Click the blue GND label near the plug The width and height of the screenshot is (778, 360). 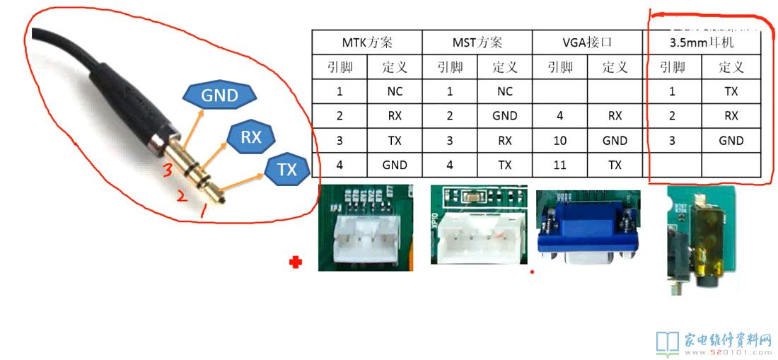(x=219, y=95)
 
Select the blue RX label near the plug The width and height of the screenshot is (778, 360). (x=251, y=137)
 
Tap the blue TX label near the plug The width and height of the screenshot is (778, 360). (x=287, y=169)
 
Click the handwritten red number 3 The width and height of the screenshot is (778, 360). (x=166, y=170)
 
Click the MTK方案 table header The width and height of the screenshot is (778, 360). (x=366, y=42)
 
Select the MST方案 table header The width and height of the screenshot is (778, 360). (x=477, y=42)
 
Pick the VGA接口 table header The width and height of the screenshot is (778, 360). (x=588, y=42)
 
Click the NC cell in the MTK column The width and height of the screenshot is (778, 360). (x=395, y=91)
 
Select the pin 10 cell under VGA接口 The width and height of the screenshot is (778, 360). (x=560, y=141)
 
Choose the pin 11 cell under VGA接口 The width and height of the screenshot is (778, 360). (x=560, y=165)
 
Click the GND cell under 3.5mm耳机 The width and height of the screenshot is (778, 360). (x=731, y=141)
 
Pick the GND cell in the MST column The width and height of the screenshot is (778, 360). (x=504, y=116)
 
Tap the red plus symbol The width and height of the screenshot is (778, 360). (x=296, y=263)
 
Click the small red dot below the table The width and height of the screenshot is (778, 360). (x=532, y=272)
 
